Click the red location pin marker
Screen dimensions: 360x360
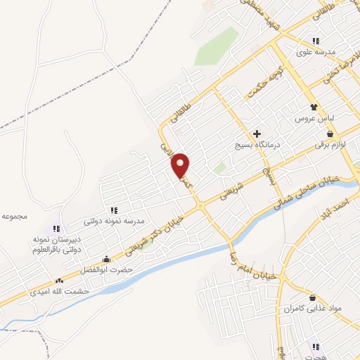181,165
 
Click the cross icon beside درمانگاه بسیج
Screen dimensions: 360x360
257,134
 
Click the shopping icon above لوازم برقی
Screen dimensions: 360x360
330,134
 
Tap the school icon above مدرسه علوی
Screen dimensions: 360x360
316,40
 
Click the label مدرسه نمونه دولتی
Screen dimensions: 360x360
114,221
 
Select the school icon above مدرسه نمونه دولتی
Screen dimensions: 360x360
113,210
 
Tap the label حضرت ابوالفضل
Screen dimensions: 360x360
126,268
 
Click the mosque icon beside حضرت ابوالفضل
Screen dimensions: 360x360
106,259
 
